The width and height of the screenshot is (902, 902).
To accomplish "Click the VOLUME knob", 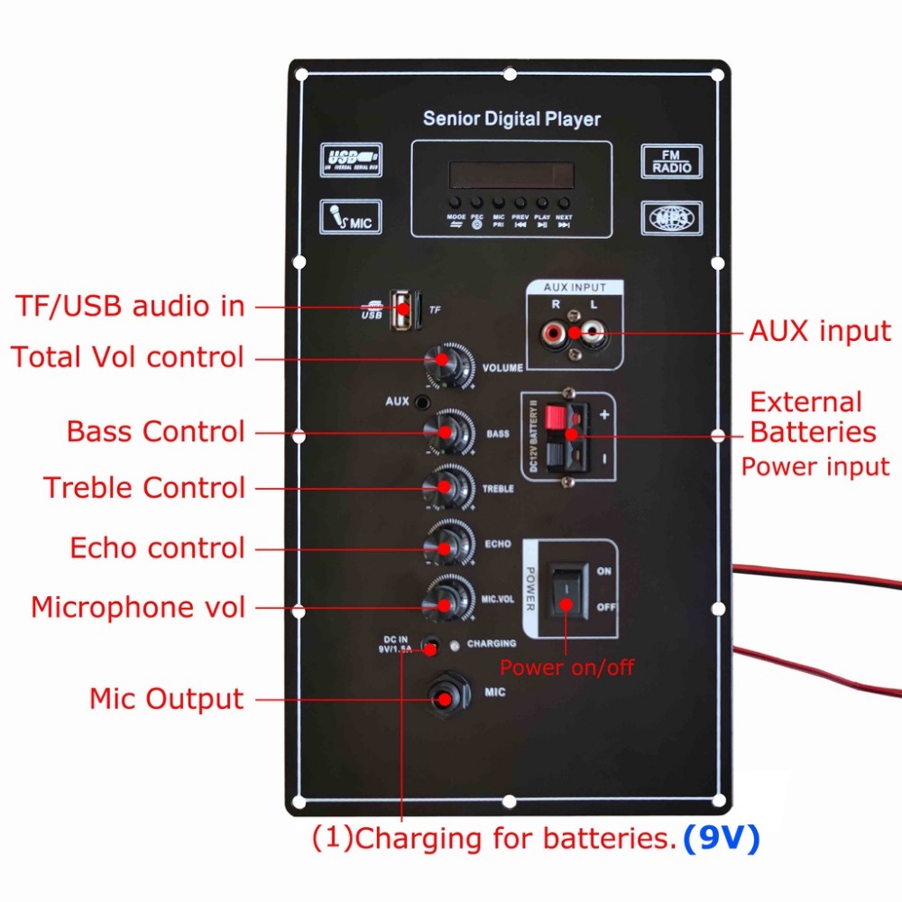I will click(446, 362).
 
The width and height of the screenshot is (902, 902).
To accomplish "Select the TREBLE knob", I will click(448, 487).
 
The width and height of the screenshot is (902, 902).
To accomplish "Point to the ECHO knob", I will click(448, 544).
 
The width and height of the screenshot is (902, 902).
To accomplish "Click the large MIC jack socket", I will click(446, 698).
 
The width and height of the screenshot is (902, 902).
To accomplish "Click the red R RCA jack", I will click(551, 336).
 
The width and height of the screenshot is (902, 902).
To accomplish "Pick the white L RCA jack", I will click(592, 336).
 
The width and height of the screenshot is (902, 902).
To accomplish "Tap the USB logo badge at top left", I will click(351, 160).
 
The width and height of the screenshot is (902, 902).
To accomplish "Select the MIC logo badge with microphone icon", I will click(351, 216).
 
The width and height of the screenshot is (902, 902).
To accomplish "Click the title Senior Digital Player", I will click(511, 119).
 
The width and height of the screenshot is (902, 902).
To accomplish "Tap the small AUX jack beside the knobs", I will click(420, 400).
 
